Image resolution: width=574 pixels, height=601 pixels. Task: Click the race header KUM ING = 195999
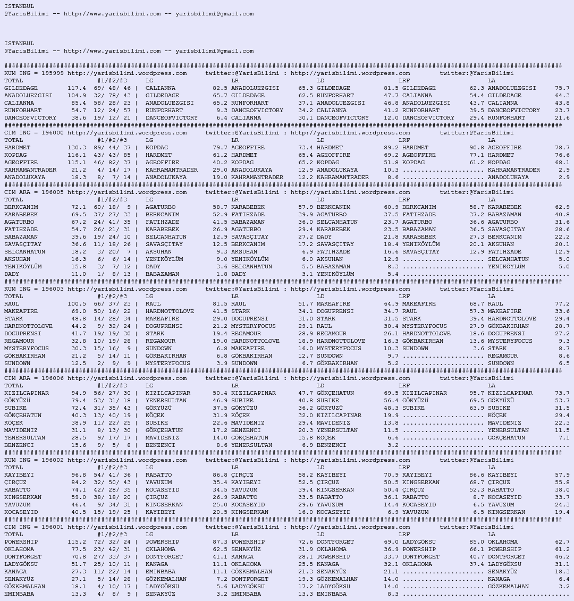[34, 73]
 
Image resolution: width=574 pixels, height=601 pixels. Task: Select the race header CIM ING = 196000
[34, 133]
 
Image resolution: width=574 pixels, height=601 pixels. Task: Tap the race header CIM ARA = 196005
[34, 192]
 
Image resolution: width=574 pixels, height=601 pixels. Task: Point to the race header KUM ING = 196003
[34, 289]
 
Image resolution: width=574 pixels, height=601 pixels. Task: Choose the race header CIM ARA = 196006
[34, 378]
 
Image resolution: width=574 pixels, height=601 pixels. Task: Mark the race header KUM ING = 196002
[34, 460]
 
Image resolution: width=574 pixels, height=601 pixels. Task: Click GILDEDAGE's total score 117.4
[77, 88]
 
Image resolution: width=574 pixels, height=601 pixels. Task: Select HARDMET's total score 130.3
[77, 148]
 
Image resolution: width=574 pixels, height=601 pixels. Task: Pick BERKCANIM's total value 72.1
[78, 207]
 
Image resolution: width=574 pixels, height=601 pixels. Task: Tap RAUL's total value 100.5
[77, 304]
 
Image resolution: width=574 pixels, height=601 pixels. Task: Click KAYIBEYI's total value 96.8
[78, 475]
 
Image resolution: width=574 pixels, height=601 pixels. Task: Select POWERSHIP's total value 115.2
[77, 542]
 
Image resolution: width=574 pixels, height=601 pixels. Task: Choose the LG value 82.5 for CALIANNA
[220, 88]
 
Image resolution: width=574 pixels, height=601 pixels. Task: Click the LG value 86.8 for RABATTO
[220, 475]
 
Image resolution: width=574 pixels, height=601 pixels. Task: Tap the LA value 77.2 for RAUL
[562, 304]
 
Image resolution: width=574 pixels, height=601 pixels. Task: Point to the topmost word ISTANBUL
[19, 6]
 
